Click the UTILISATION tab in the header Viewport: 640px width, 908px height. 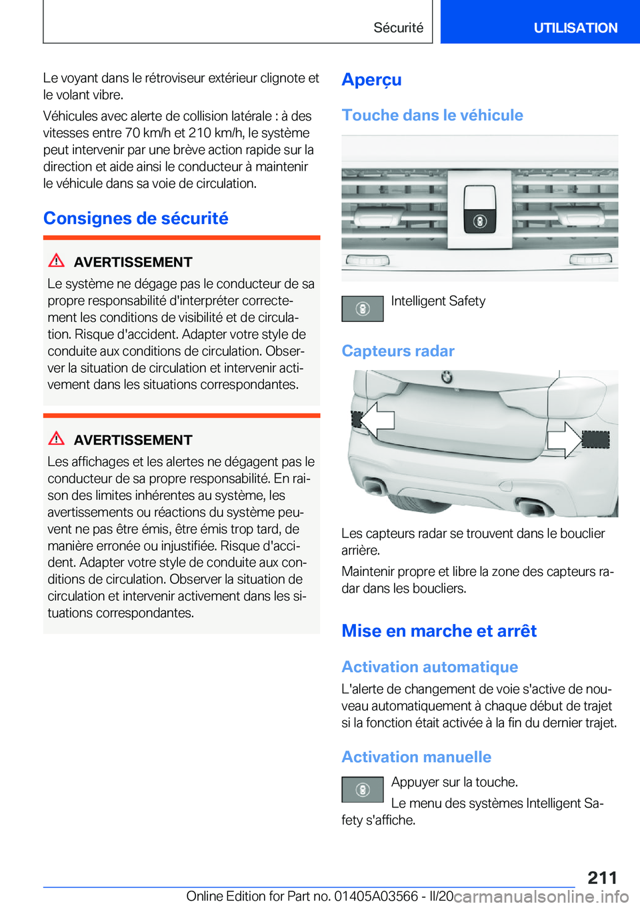click(x=575, y=28)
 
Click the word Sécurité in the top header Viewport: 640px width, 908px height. click(x=398, y=28)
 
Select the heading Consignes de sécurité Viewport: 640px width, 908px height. click(x=136, y=219)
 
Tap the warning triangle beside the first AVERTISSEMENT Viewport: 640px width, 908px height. click(x=57, y=261)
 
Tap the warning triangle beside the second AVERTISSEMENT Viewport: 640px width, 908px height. click(x=57, y=439)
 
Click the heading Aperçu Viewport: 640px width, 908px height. click(x=371, y=80)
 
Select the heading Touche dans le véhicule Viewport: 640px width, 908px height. click(x=432, y=115)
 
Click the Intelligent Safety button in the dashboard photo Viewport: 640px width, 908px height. click(x=480, y=221)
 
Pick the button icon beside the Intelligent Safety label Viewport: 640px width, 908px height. click(x=363, y=309)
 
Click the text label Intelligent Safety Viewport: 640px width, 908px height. click(x=438, y=301)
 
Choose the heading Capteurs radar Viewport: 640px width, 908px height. click(x=398, y=351)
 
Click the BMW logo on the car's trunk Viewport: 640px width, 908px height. click(x=447, y=377)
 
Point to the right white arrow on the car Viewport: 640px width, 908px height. click(x=563, y=439)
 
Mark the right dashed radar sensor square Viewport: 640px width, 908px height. click(x=595, y=439)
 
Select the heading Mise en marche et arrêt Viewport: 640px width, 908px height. click(x=439, y=631)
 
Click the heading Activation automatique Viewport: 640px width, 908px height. click(x=429, y=667)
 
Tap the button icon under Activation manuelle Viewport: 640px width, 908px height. click(x=363, y=790)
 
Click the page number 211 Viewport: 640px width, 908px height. click(x=602, y=877)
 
